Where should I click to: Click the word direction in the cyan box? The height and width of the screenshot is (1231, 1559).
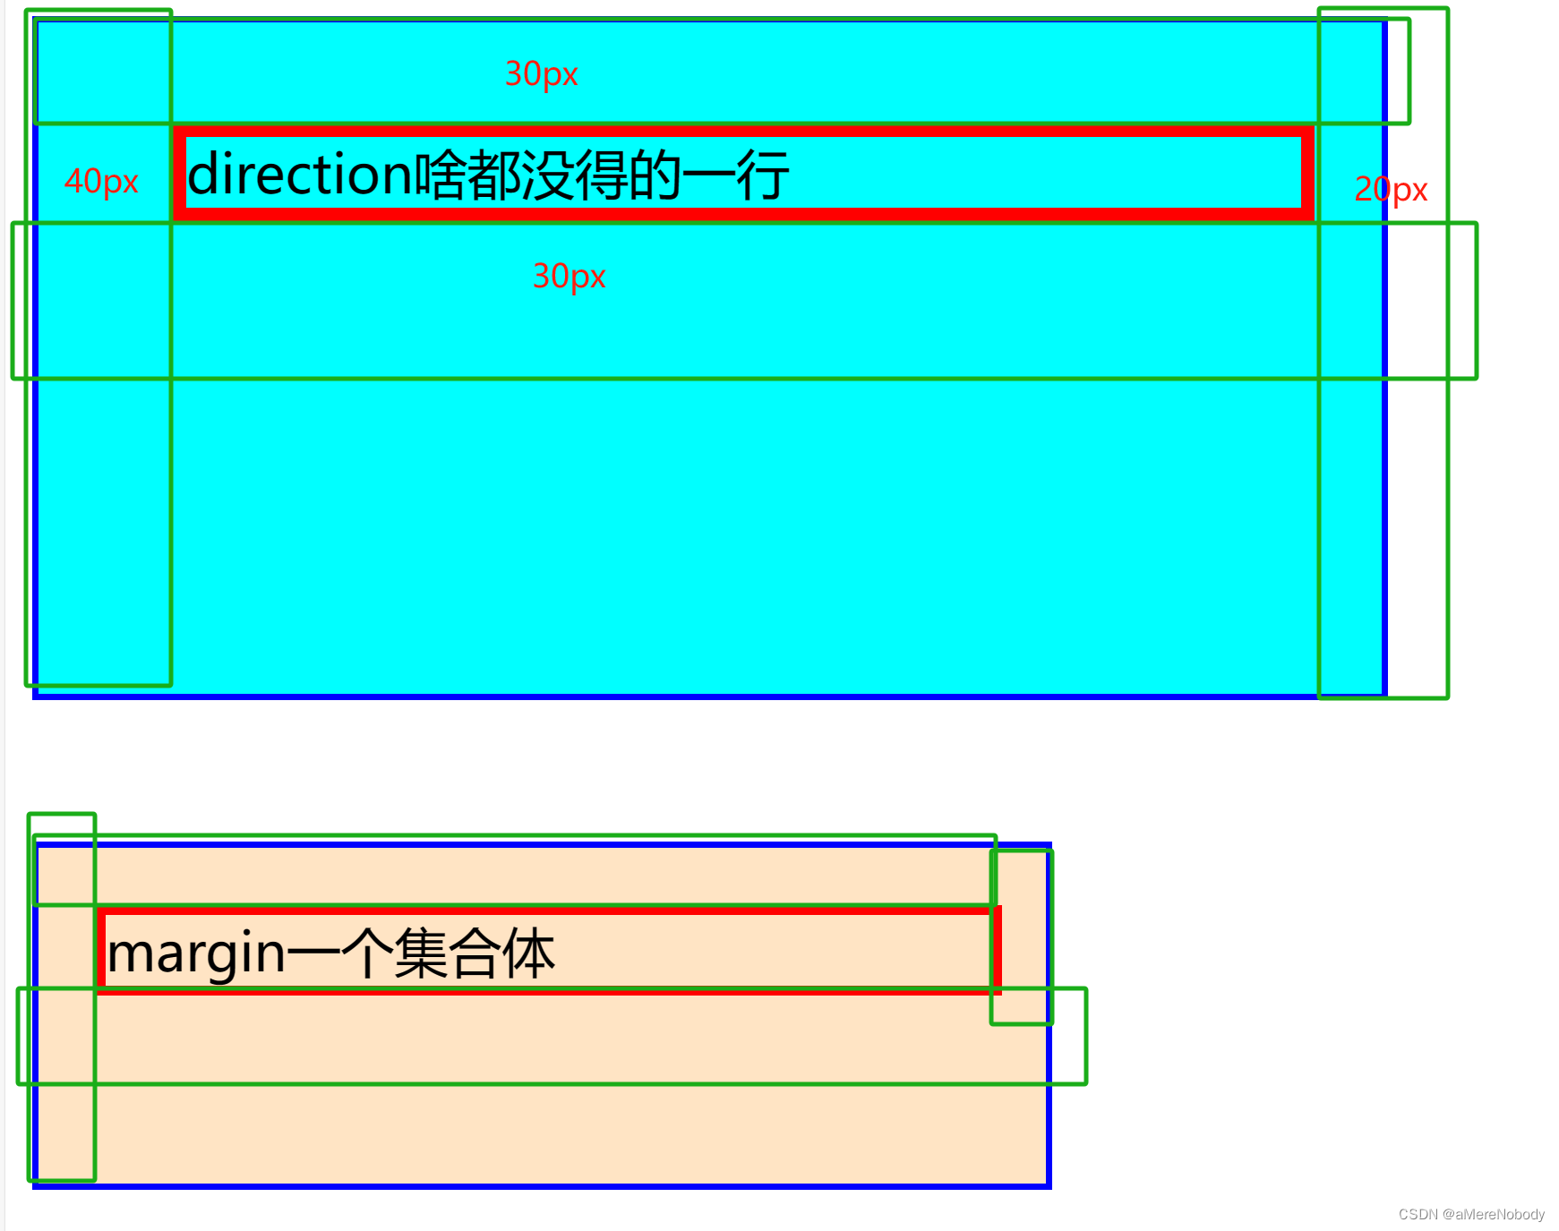point(299,174)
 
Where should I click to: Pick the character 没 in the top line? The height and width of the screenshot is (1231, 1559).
point(547,175)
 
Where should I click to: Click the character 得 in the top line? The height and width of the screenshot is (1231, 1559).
point(601,175)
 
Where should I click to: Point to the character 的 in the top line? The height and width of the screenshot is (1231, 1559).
point(655,175)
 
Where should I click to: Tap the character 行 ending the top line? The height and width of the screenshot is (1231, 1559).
point(763,175)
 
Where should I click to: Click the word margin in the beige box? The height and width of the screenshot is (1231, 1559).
point(196,953)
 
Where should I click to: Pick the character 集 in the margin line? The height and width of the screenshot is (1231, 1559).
point(421,953)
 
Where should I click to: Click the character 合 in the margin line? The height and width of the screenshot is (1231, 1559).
point(475,953)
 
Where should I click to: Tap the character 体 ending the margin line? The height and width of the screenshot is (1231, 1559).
point(528,953)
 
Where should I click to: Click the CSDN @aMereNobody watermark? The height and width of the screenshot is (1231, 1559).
point(1471,1214)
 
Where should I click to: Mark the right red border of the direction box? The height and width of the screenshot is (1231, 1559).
point(1307,174)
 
